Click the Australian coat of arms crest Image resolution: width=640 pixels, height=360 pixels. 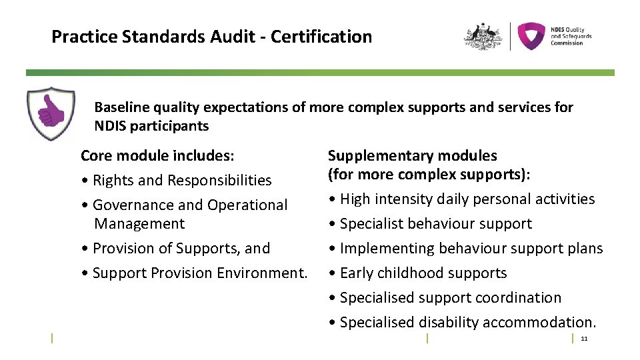click(x=483, y=36)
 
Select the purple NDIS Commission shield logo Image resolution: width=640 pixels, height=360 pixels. click(x=531, y=36)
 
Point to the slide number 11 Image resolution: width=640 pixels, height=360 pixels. click(x=584, y=339)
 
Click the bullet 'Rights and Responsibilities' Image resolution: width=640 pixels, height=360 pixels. click(x=182, y=181)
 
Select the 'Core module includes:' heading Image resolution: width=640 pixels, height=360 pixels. click(x=157, y=156)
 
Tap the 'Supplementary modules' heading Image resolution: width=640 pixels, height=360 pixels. click(x=412, y=156)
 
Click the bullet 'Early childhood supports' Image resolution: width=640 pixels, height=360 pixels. click(x=423, y=273)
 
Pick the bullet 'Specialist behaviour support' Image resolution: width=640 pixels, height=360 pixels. click(x=435, y=224)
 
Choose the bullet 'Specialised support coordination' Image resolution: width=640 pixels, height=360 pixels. click(x=450, y=298)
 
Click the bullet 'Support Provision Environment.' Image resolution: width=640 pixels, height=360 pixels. click(x=199, y=273)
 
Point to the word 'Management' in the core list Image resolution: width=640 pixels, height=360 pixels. click(x=139, y=224)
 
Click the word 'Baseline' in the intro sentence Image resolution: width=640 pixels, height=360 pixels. click(x=122, y=107)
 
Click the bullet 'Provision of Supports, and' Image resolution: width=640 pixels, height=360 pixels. click(x=181, y=249)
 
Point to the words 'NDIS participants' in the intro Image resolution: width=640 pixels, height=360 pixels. click(x=151, y=126)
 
